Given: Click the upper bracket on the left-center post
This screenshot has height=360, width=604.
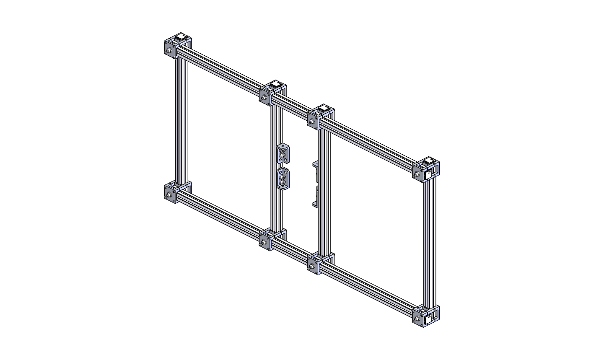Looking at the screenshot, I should pyautogui.click(x=283, y=153).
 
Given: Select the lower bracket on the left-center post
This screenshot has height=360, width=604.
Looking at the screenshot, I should pyautogui.click(x=283, y=179).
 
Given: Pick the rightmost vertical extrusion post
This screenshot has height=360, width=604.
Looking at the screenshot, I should pyautogui.click(x=430, y=243).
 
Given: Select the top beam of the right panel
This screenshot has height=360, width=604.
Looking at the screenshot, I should pyautogui.click(x=369, y=142).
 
